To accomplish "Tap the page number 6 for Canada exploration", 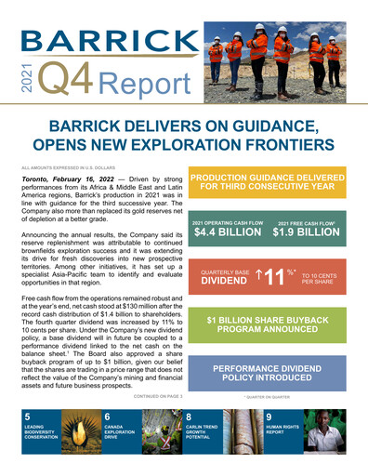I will (109, 417).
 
